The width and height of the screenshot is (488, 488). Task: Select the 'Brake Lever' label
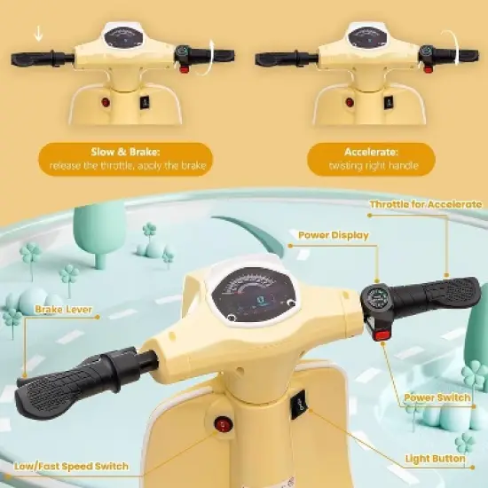click(x=63, y=311)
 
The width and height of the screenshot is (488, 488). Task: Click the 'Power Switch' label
click(x=437, y=398)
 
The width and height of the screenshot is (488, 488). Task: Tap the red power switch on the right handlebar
click(x=382, y=334)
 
